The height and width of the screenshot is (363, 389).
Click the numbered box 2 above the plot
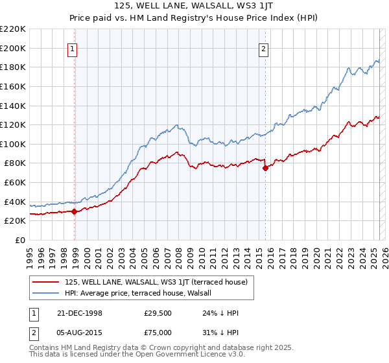[x=264, y=48]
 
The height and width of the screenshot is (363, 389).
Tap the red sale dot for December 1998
[x=75, y=211]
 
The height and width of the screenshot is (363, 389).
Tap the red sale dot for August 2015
[x=265, y=167]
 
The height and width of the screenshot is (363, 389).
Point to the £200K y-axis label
[x=13, y=48]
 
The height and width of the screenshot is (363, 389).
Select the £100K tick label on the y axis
[x=13, y=144]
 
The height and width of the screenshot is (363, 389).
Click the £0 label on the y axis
[x=21, y=240]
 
